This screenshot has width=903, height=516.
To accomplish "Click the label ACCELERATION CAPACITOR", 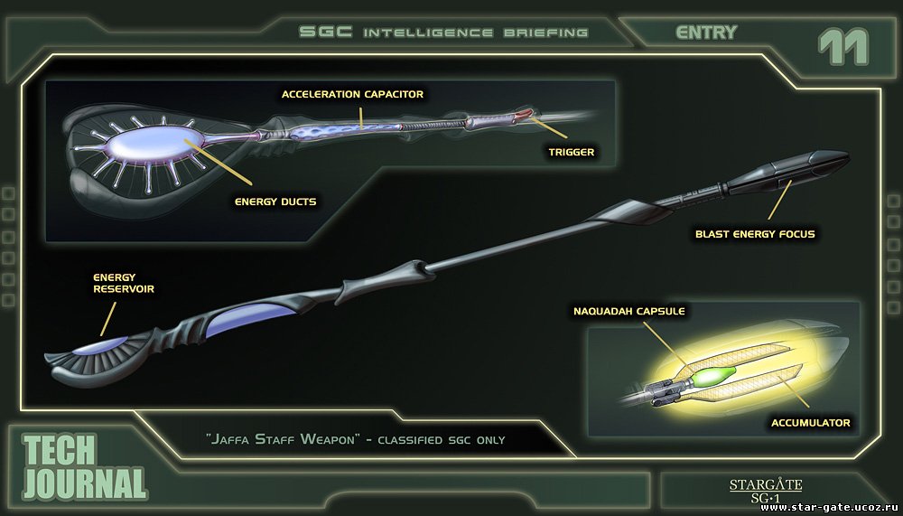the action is [x=352, y=94].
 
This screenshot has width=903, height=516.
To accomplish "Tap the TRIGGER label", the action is [x=570, y=152].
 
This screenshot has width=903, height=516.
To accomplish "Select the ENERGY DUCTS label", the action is [x=275, y=202].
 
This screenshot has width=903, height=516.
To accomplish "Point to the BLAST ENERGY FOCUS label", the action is [x=755, y=234].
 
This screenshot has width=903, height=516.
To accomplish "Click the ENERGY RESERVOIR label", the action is [x=124, y=283].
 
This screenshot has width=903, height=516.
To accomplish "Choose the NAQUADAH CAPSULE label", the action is [x=628, y=312].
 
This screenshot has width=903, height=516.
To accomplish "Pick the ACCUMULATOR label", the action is [x=810, y=423].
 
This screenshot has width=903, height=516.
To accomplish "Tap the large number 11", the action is [x=842, y=47].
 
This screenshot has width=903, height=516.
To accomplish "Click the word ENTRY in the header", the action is [x=706, y=33].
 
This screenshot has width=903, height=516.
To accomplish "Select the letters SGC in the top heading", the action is [x=325, y=32].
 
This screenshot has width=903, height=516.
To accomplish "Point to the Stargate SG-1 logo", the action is [x=766, y=490].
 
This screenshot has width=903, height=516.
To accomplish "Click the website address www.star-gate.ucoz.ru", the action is [x=831, y=508].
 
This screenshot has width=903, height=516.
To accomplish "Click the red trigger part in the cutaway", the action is [x=523, y=115].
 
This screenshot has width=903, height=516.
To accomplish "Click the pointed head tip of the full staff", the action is [x=848, y=155].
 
